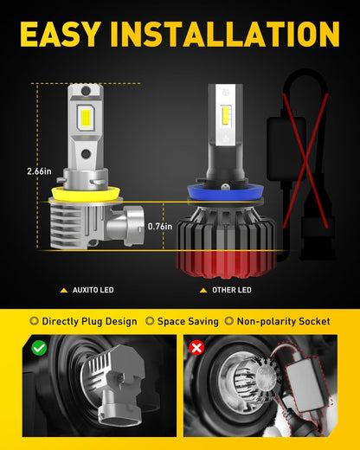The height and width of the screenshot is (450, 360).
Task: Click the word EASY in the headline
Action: tap(61, 34)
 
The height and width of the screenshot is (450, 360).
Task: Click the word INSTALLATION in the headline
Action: tap(225, 34)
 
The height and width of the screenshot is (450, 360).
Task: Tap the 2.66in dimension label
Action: tap(39, 171)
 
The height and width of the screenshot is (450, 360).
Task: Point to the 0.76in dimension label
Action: tap(160, 227)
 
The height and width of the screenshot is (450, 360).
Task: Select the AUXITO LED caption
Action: tap(93, 290)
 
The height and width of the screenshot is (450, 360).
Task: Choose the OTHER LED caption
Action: tap(232, 290)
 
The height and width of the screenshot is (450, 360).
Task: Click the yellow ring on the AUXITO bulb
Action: tap(86, 193)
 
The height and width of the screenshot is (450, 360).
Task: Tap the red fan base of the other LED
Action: tap(226, 264)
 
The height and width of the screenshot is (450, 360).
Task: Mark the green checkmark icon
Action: tap(39, 348)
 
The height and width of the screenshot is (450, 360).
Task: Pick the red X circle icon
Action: tap(196, 348)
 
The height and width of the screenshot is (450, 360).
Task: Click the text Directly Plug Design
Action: tap(89, 321)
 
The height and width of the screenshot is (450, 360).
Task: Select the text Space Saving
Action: tap(188, 321)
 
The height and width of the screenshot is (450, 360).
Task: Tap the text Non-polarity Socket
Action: tap(283, 321)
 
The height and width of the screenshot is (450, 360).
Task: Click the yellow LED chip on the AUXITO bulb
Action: tap(86, 117)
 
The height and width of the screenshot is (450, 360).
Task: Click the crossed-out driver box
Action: tap(286, 149)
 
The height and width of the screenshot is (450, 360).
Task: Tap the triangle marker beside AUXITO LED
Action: tap(64, 290)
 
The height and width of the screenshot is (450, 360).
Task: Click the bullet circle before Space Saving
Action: tap(150, 321)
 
